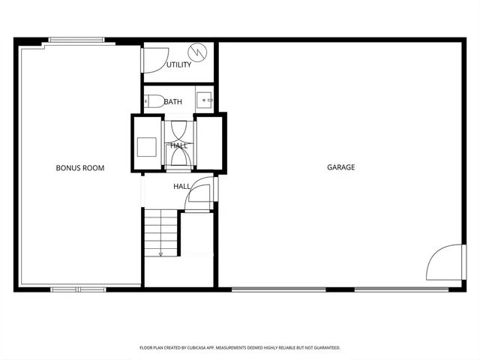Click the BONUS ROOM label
(x=80, y=168)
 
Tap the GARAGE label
(x=340, y=167)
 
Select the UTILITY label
(x=178, y=64)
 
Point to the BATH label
(x=173, y=101)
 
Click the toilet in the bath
(x=154, y=100)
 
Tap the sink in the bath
(x=205, y=100)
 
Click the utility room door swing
(x=154, y=60)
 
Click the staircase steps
(x=161, y=232)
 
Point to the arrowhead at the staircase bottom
(x=160, y=254)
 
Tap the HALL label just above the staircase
(x=182, y=186)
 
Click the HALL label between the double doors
(x=179, y=145)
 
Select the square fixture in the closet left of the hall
(x=146, y=145)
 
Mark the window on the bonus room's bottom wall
(x=79, y=289)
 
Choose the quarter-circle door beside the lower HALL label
(x=202, y=194)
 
